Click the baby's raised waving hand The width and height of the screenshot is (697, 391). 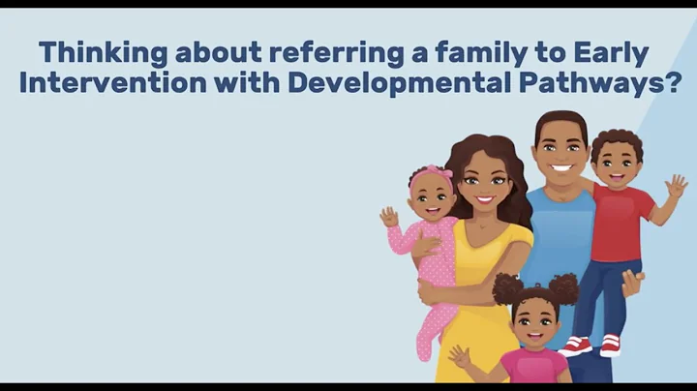click(388, 217)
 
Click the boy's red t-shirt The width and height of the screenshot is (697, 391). click(621, 224)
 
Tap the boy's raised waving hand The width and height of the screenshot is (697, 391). click(676, 187)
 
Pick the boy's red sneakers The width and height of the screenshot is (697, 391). click(591, 346)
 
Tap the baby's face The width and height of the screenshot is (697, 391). click(430, 199)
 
